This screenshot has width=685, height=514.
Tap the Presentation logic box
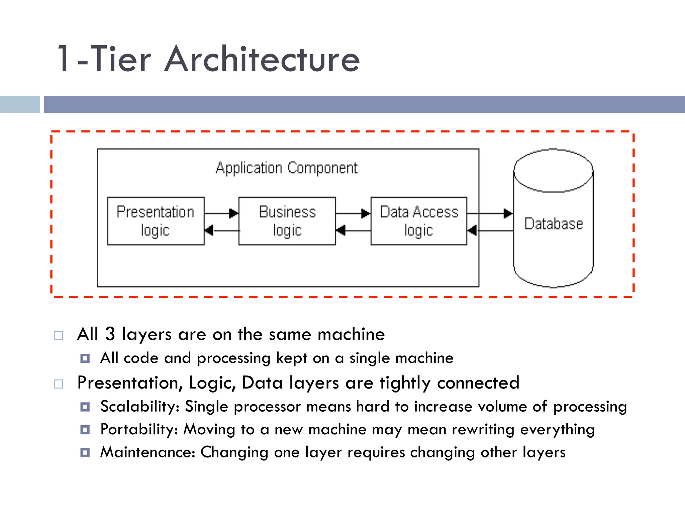point(156,221)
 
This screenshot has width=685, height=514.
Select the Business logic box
point(287,221)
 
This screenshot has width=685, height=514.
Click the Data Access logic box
point(418,221)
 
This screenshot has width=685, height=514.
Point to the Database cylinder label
point(554,224)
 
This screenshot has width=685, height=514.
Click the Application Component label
point(287,168)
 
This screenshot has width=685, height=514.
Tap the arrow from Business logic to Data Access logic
point(353,213)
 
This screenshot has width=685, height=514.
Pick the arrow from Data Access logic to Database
point(490,213)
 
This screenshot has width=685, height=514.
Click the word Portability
point(139,429)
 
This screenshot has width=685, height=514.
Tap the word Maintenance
point(148,452)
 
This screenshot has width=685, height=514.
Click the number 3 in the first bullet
point(110,334)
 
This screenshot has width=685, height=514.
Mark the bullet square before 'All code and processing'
point(85,358)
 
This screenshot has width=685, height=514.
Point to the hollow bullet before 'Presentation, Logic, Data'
point(58,383)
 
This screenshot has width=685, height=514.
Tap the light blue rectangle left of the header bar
point(20,104)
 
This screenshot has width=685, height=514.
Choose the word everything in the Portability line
point(557,429)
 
